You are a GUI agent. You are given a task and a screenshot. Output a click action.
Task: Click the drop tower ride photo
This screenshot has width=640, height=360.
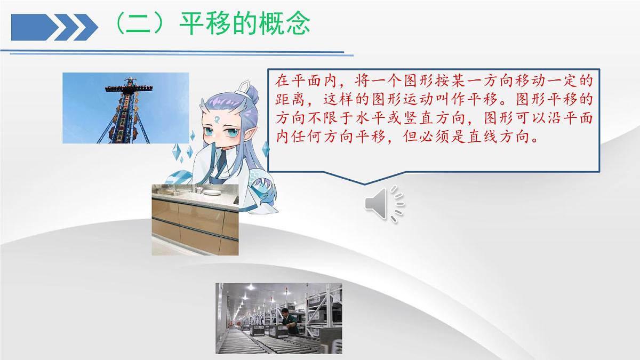pos(126,108)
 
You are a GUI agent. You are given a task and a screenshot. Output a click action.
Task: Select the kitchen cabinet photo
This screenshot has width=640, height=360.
pos(195,219)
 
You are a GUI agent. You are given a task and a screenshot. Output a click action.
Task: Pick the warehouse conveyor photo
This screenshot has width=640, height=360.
pos(278,318)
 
